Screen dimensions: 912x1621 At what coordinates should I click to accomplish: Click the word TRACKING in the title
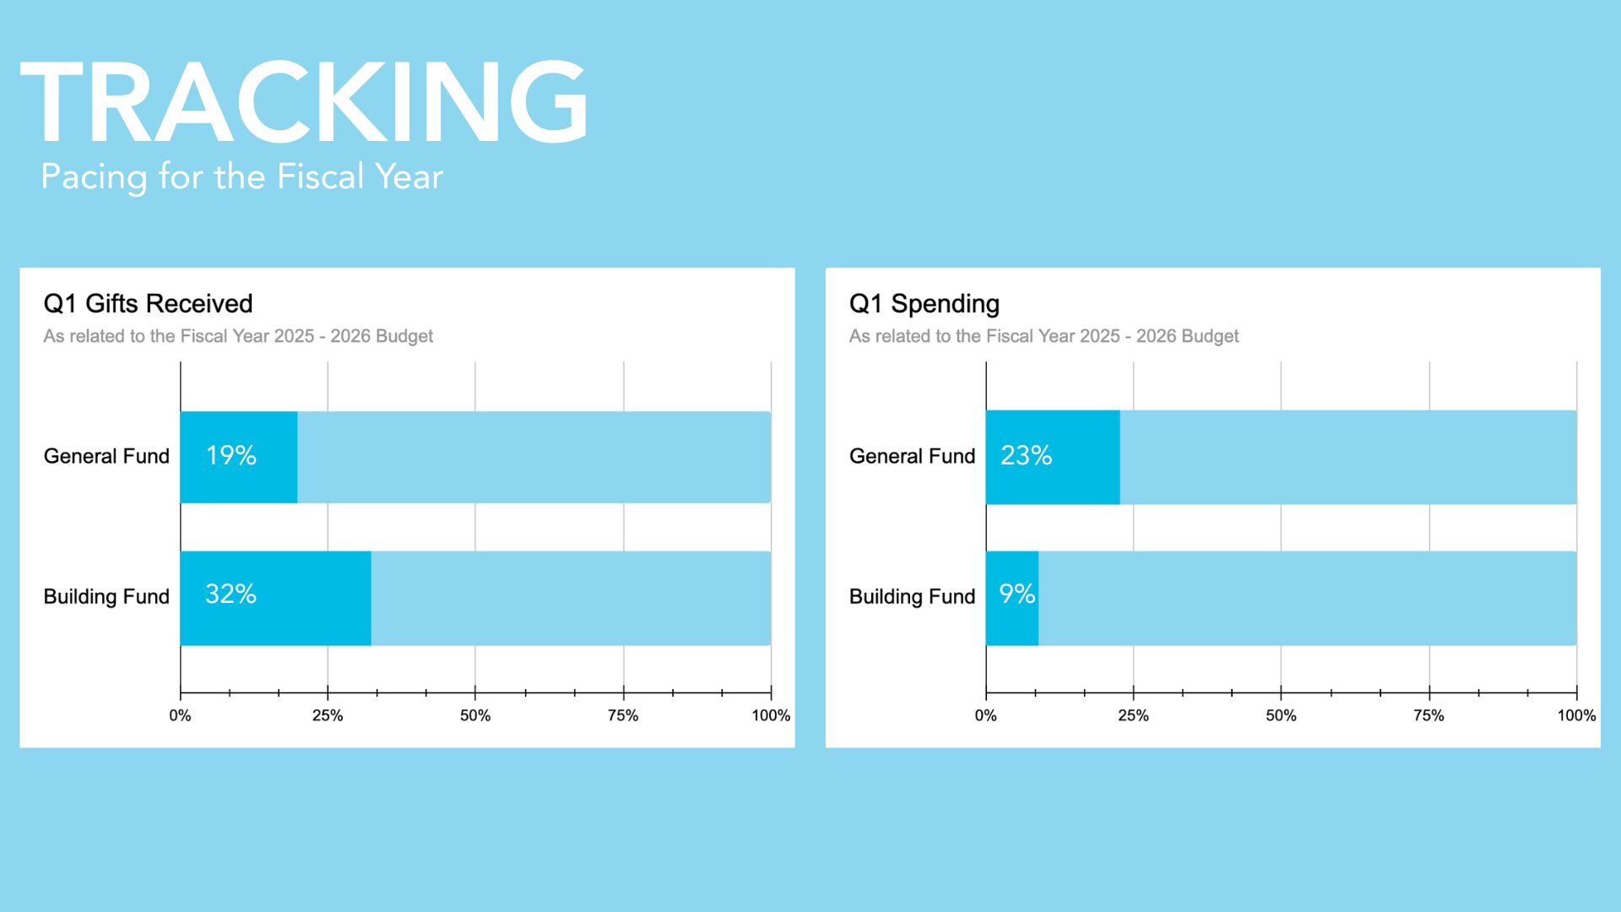point(304,103)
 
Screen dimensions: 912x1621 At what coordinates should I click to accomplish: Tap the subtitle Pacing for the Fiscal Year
point(241,177)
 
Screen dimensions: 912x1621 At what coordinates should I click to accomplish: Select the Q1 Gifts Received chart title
point(148,303)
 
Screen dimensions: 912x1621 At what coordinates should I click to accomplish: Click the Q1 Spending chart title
point(924,303)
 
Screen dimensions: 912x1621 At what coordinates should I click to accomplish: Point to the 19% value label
point(230,456)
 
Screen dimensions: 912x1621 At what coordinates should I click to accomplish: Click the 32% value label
point(230,594)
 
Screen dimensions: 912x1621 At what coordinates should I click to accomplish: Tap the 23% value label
point(1026,456)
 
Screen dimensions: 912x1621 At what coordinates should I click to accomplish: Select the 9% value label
point(1017,594)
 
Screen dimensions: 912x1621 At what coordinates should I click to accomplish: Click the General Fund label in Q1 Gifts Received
point(106,456)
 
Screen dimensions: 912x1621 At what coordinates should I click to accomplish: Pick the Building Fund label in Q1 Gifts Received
point(106,596)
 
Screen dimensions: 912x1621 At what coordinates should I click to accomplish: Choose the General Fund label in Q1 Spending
point(912,456)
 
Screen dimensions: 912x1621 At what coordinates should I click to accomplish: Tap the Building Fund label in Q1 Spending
point(912,596)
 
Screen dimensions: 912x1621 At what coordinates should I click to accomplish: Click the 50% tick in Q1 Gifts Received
point(474,715)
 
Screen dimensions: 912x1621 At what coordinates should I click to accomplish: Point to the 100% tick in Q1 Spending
point(1575,715)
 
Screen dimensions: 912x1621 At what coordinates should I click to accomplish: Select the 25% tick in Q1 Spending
point(1133,715)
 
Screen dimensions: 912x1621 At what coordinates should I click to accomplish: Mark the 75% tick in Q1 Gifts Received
point(623,715)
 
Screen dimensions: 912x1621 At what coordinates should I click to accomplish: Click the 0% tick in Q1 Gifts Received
point(180,715)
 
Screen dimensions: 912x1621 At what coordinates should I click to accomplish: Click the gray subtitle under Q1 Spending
point(1044,336)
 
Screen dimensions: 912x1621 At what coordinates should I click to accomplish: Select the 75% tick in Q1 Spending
point(1429,715)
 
